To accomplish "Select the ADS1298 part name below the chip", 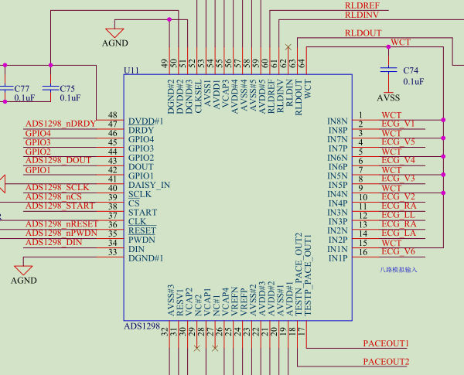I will [x=142, y=327].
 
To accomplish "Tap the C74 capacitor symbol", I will [x=387, y=70].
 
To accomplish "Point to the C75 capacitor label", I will [x=67, y=88].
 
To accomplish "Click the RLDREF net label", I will [x=362, y=5].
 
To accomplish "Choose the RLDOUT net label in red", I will [x=363, y=33].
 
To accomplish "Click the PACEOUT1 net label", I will [x=386, y=343].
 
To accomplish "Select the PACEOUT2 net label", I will [x=386, y=362].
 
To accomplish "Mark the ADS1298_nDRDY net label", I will [x=60, y=124].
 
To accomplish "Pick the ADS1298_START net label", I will [x=60, y=206].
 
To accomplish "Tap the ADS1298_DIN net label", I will [x=54, y=242].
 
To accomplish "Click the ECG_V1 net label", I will [x=398, y=124].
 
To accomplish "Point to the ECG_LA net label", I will [x=398, y=233].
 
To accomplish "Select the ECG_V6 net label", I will [x=398, y=251].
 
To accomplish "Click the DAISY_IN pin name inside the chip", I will [x=148, y=186].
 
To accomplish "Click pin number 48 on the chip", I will [x=113, y=114].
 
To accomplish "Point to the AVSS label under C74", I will [x=388, y=98].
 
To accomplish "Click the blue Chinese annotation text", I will [x=398, y=269].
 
